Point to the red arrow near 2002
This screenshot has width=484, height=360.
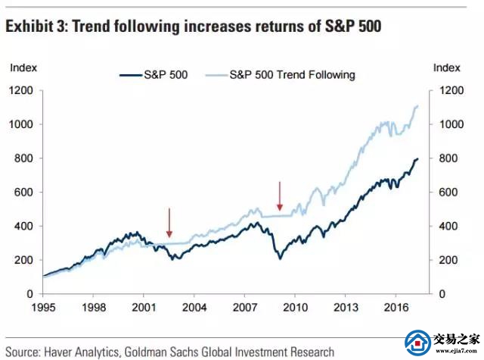pos(169,223)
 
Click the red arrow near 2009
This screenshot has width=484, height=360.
pos(280,197)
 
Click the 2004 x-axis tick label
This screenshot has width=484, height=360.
pos(194,308)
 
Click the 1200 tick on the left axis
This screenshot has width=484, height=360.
pos(20,90)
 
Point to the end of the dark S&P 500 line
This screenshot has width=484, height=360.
pos(417,159)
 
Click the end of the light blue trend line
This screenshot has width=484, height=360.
pos(417,106)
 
